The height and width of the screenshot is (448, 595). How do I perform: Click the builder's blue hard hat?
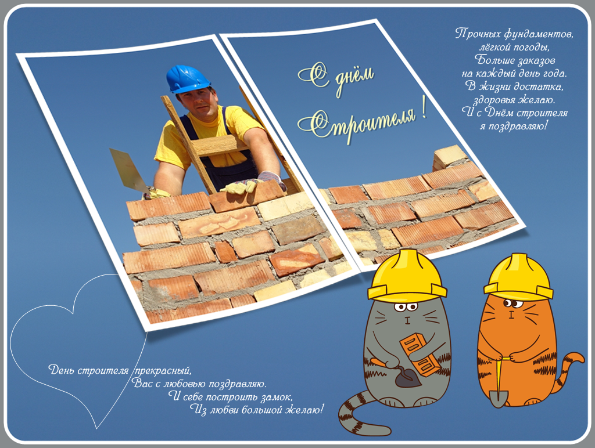tap(188, 79)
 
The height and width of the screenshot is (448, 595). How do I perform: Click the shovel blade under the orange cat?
tap(498, 398)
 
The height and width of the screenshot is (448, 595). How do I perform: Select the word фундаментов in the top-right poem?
tap(539, 34)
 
